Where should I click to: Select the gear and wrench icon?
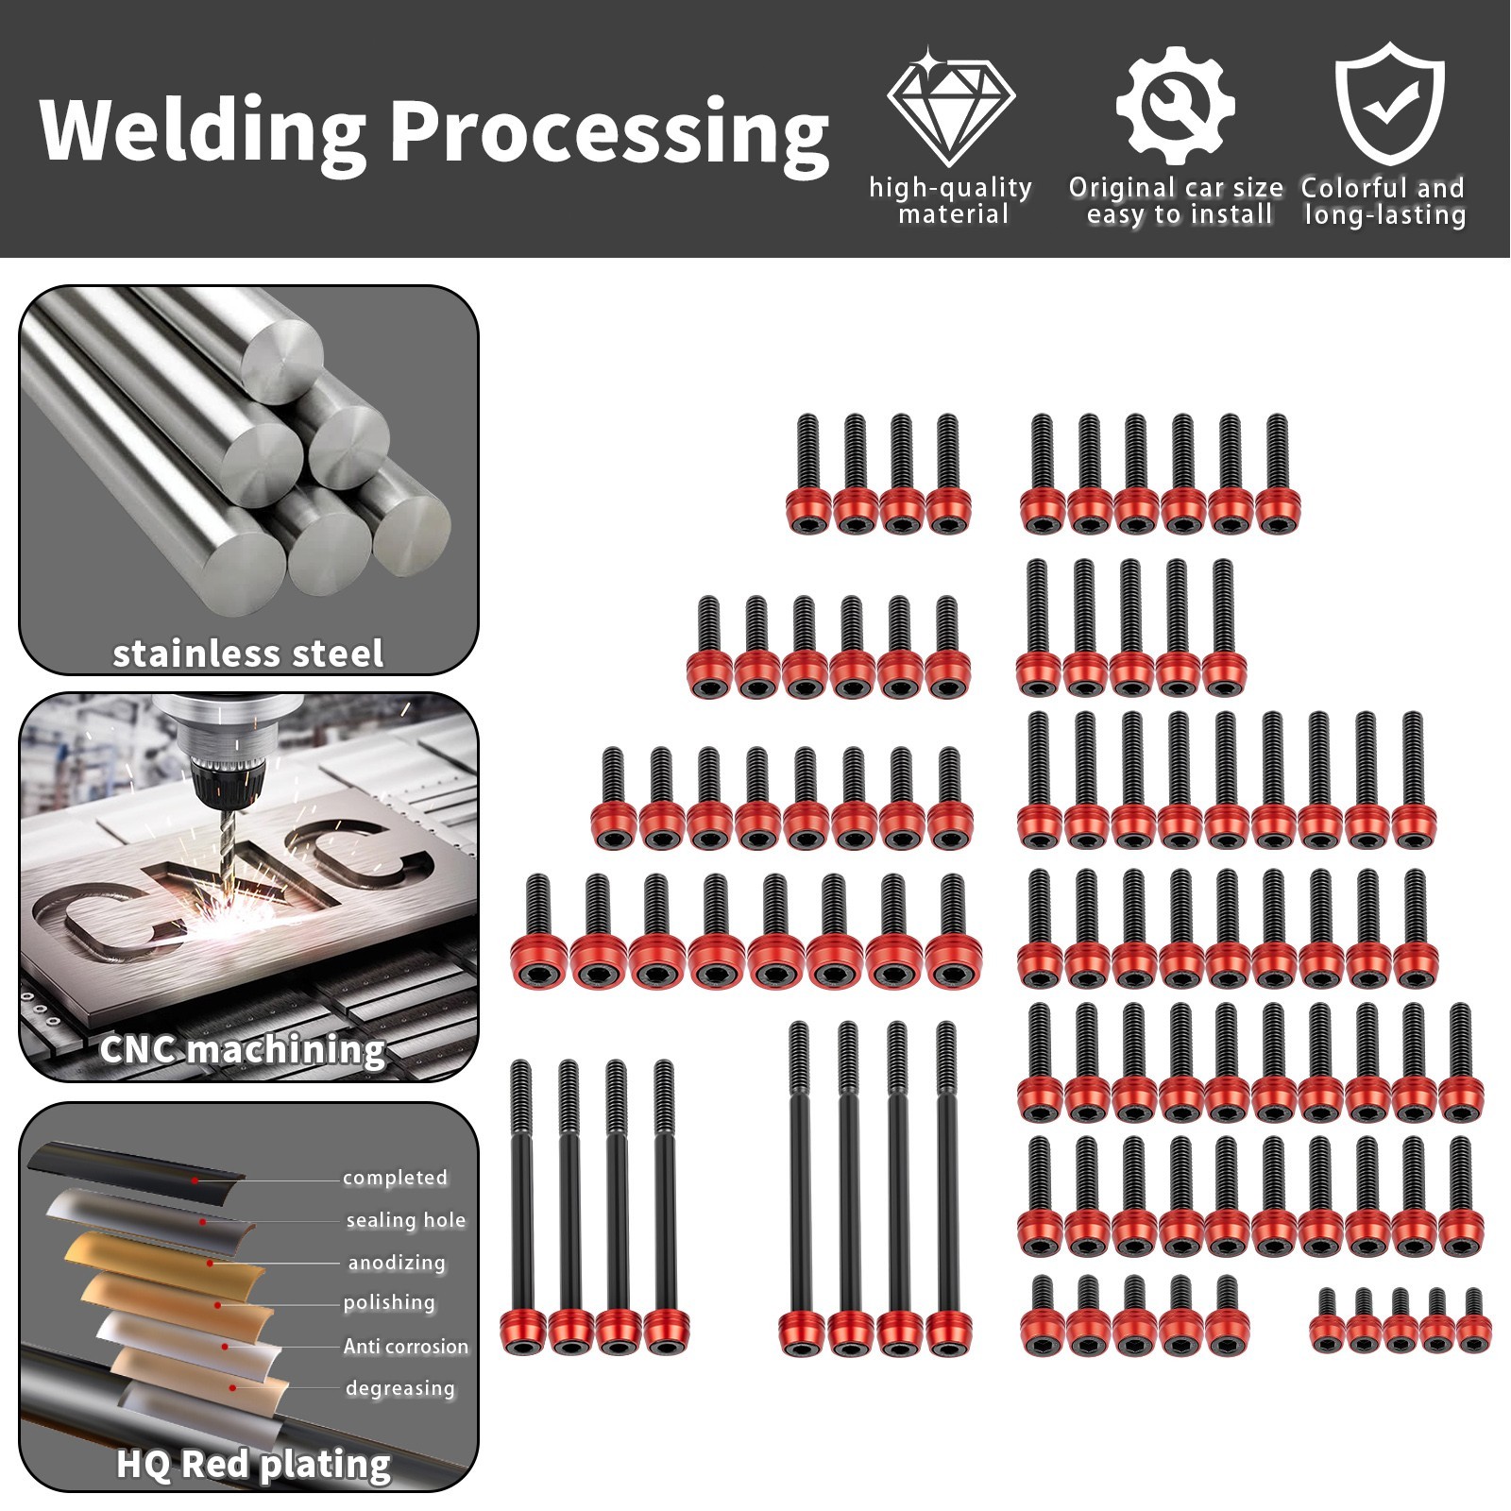click(x=1175, y=106)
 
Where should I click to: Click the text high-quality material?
click(x=951, y=201)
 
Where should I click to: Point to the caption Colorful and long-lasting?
click(x=1384, y=201)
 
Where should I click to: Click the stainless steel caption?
click(x=248, y=654)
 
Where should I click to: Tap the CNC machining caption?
click(x=243, y=1049)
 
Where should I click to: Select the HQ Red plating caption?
click(x=253, y=1464)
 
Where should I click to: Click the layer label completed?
click(x=395, y=1178)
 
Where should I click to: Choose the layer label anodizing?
click(x=397, y=1263)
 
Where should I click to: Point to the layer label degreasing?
click(x=400, y=1388)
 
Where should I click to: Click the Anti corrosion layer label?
click(x=406, y=1346)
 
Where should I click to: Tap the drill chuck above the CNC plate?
click(x=219, y=765)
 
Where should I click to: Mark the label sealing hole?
click(x=406, y=1220)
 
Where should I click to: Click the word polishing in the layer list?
click(x=389, y=1303)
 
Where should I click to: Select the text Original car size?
click(x=1176, y=188)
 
